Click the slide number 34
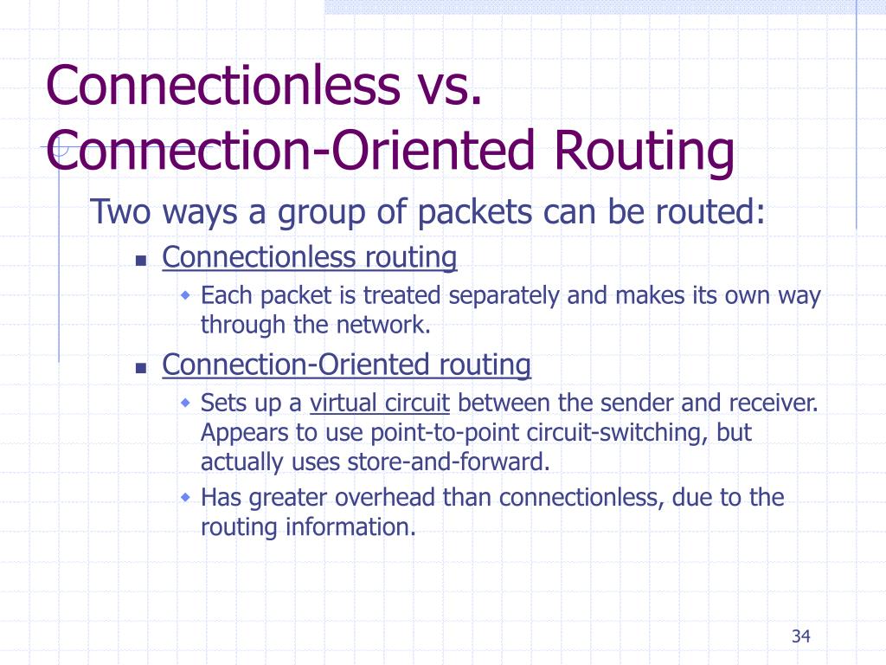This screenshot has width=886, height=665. pos(799,638)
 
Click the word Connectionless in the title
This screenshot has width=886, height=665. pos(219,87)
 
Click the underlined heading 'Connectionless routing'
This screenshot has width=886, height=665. pos(309,257)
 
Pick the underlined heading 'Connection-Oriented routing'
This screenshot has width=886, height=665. pos(346,365)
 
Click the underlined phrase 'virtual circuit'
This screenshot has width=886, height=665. pos(380,404)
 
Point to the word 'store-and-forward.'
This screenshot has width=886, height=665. pos(448,462)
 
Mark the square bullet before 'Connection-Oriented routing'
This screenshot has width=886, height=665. pos(142,368)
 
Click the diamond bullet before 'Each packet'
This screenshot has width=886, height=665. pos(185,295)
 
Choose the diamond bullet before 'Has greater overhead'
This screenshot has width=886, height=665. pos(185,498)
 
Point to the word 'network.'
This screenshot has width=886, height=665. pos(383,326)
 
